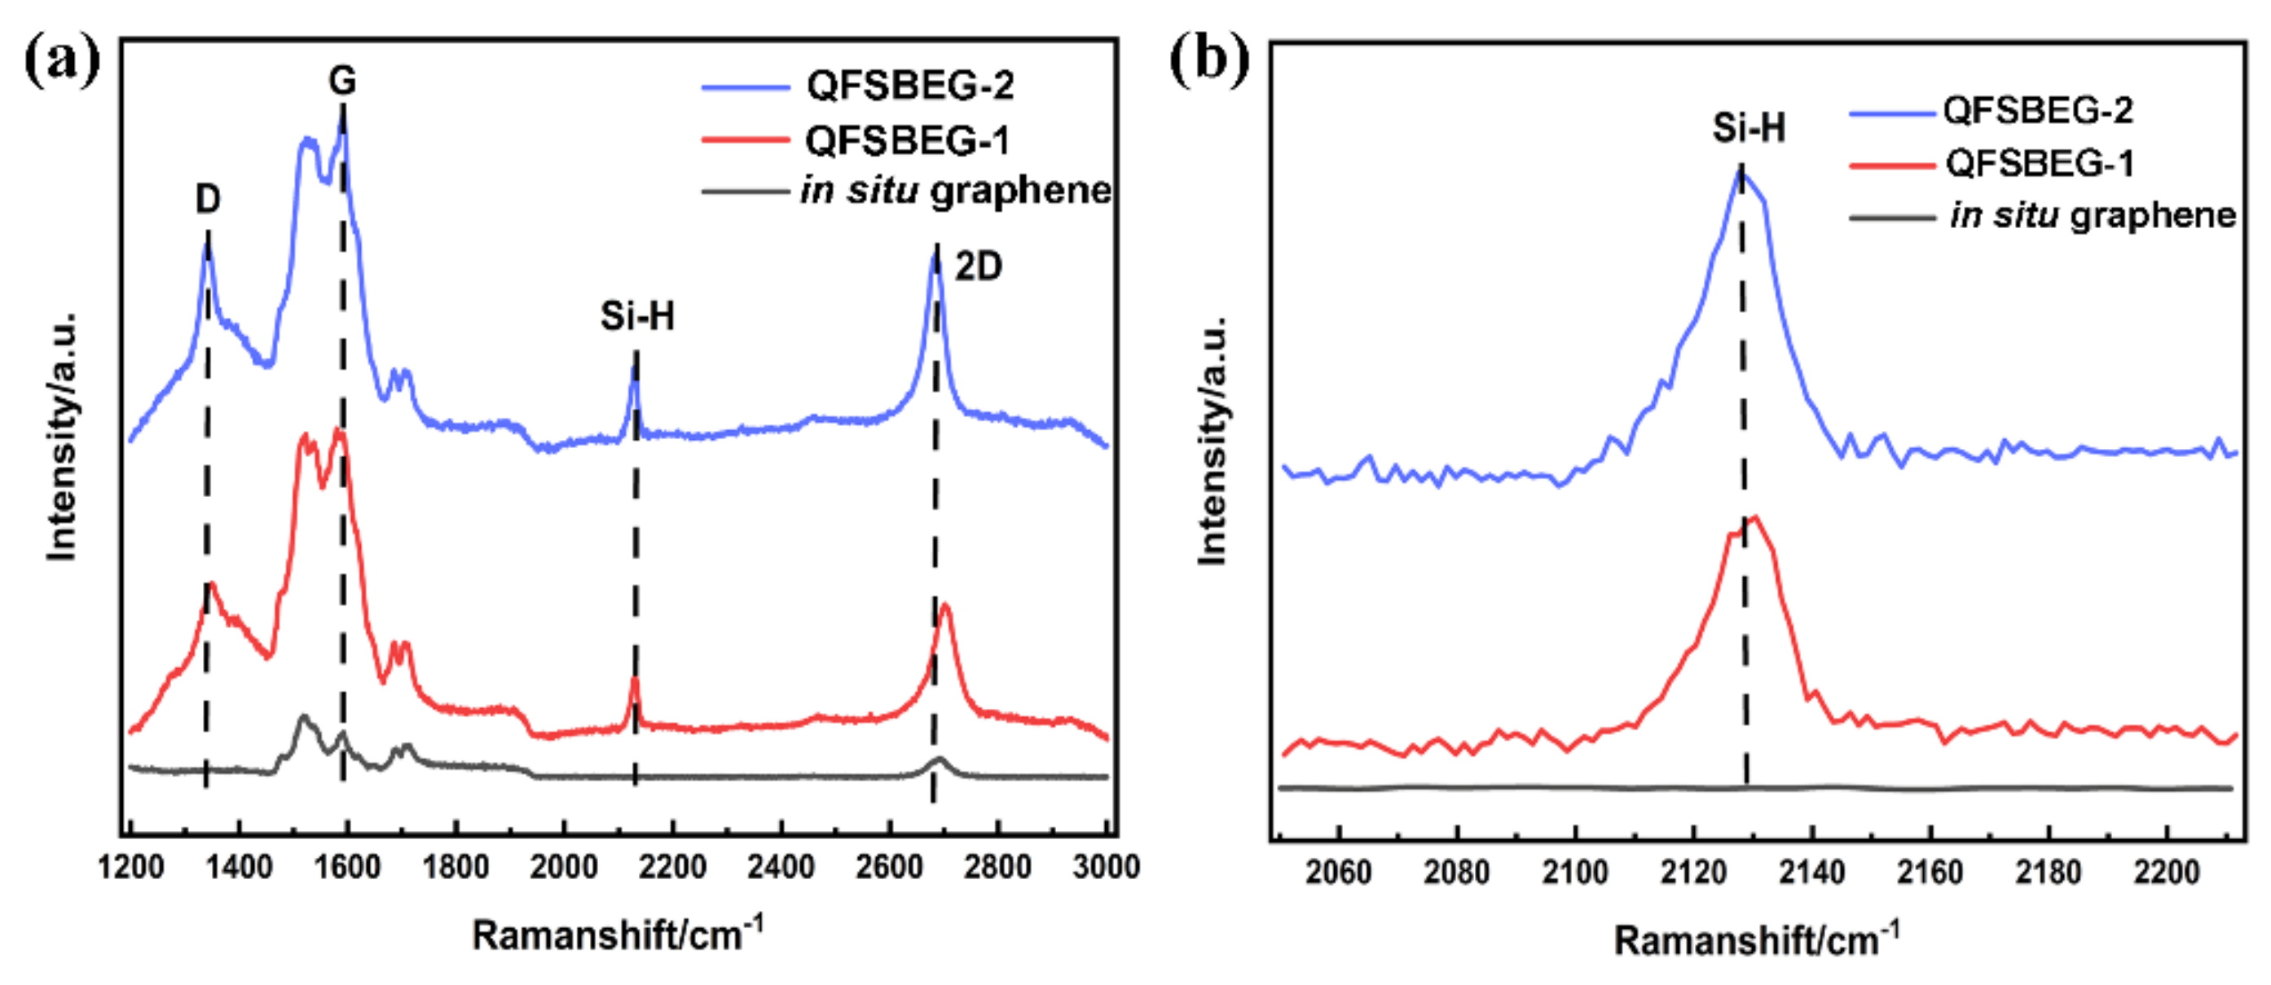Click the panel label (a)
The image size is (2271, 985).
[62, 62]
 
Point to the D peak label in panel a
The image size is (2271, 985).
[207, 200]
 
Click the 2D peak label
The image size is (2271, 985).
[979, 266]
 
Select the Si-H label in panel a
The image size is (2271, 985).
[636, 315]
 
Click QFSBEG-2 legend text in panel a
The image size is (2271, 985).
[910, 86]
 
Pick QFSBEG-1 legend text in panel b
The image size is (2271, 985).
[2039, 163]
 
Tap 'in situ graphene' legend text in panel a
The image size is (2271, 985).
[956, 191]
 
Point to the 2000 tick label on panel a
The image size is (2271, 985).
[563, 867]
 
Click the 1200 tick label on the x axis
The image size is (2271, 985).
[130, 867]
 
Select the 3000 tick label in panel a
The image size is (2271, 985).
[1106, 867]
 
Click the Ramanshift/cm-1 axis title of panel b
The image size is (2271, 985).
[1755, 940]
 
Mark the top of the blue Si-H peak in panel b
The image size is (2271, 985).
[1741, 171]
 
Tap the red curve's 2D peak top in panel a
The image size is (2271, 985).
[945, 605]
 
